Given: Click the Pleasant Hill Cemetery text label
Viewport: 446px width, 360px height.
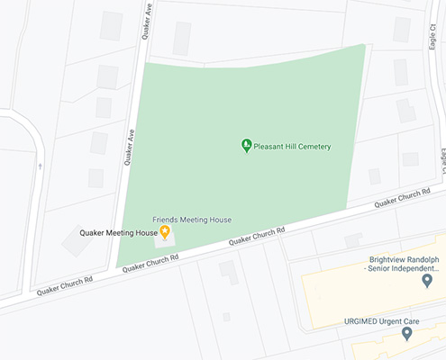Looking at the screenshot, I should coord(293,146).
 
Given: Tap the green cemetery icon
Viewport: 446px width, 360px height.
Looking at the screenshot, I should coord(246,145).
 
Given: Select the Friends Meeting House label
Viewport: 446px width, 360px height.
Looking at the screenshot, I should coord(192,220).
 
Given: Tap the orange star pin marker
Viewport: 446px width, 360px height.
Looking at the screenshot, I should coord(165,232).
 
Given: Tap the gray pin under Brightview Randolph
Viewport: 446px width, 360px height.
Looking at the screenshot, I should coord(427,282).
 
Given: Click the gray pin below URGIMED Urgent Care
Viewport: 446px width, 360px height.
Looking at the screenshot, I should coord(406,334).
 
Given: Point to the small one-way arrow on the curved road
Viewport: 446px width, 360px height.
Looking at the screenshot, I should coord(40,166).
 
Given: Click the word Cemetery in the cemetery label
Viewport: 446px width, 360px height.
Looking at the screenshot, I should coord(312,146).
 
